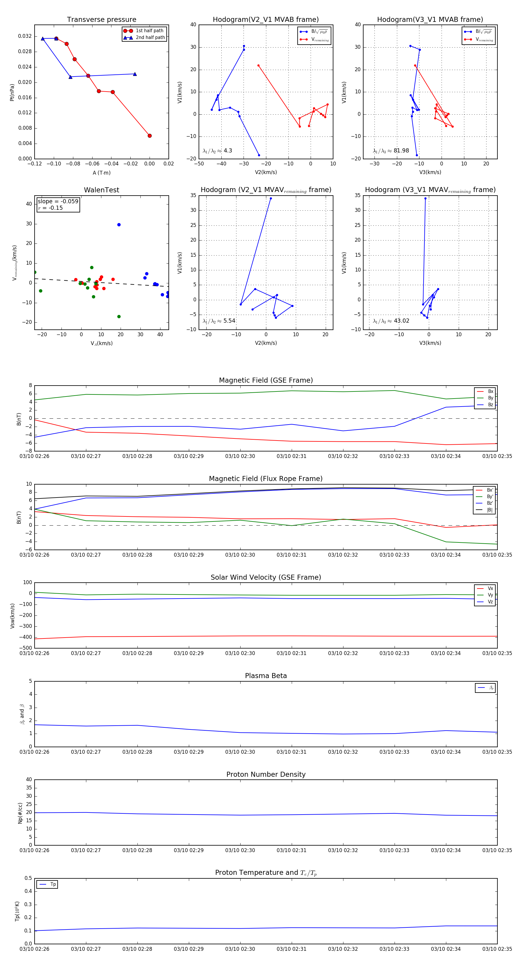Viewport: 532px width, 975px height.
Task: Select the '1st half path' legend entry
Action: [x=149, y=31]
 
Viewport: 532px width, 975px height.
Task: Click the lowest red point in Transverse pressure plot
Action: [x=150, y=136]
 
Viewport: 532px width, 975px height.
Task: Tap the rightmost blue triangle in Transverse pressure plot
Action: [x=135, y=74]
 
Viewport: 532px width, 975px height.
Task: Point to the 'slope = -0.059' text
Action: [x=58, y=201]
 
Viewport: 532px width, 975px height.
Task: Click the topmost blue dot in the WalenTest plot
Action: [x=119, y=225]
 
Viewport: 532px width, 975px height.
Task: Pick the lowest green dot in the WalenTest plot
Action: [x=119, y=316]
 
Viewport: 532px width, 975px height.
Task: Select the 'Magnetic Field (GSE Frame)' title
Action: [x=266, y=380]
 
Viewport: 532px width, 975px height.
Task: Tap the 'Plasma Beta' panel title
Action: [x=266, y=676]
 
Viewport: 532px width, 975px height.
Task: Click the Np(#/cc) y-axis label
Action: [x=20, y=813]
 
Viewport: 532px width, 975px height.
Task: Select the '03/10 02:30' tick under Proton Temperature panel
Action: [x=240, y=949]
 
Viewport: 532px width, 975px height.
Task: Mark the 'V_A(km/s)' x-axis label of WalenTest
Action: [x=101, y=343]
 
